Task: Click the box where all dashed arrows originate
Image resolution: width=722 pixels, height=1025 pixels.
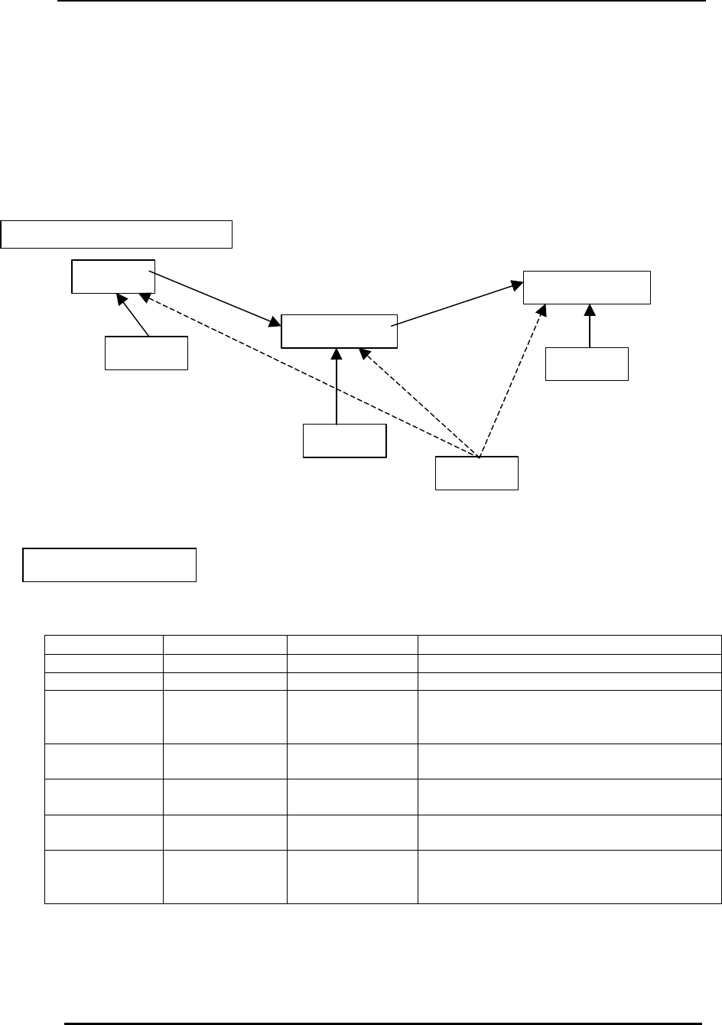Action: coord(476,473)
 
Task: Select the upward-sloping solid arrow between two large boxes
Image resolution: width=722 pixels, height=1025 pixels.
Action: coord(457,305)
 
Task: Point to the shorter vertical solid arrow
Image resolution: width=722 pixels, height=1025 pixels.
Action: coord(590,326)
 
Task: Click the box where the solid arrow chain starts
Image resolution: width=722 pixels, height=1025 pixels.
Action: coord(113,276)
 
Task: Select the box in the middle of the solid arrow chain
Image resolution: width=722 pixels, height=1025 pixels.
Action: coord(340,330)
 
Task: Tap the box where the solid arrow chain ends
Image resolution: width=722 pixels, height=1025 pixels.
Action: coord(587,287)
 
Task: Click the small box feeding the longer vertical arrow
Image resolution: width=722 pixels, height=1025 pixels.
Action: coord(344,440)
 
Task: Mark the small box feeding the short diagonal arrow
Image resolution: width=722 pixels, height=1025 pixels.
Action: coord(146,353)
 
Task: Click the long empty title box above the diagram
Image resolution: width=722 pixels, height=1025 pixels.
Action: coord(116,234)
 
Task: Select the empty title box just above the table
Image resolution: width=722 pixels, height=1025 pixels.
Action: coord(110,565)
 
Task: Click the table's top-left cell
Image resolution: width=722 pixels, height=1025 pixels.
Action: coord(104,644)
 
